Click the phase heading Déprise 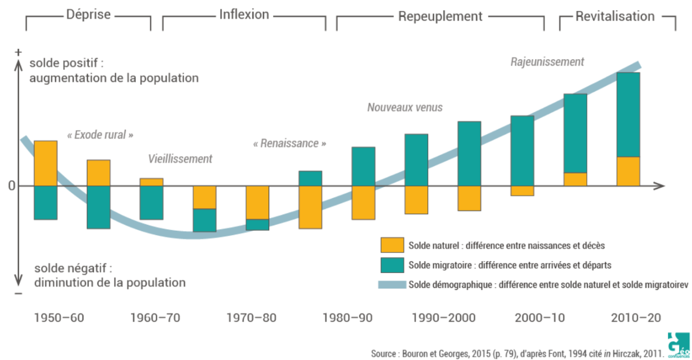click(88, 15)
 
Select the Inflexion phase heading click(244, 15)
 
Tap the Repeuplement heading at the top click(440, 16)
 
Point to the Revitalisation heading click(615, 16)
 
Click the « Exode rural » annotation click(100, 135)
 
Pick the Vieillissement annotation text click(180, 159)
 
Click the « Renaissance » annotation click(290, 144)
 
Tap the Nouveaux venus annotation click(405, 108)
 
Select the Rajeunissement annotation click(547, 62)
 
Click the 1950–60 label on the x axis click(59, 318)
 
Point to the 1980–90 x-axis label click(347, 318)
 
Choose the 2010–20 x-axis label click(636, 318)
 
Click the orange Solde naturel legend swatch click(392, 245)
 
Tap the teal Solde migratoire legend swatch click(392, 265)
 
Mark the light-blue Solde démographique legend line click(392, 284)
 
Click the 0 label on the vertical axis click(11, 186)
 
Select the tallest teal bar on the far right click(628, 115)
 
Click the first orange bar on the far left click(46, 163)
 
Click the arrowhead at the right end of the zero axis click(661, 186)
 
